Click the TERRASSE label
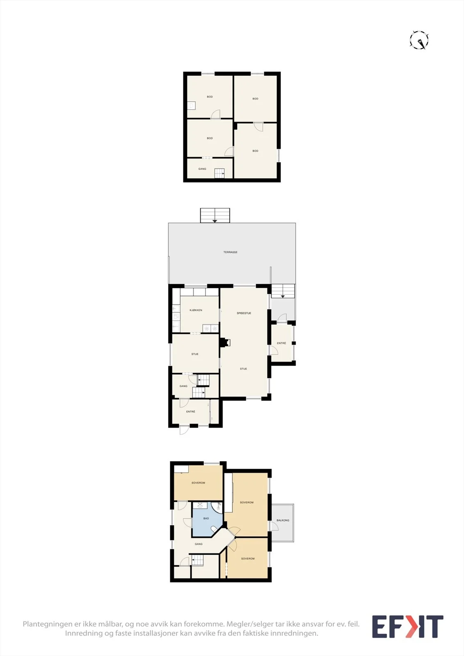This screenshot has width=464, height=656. tap(231, 252)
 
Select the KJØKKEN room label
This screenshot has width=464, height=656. tap(196, 310)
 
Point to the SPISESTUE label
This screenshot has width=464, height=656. tap(244, 313)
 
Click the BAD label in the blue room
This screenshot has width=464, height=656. tap(206, 518)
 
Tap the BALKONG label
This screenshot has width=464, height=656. tap(283, 520)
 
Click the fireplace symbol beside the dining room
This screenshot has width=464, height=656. tap(225, 342)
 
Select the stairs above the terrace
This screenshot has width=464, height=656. tap(215, 215)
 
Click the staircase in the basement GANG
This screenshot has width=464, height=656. tap(219, 173)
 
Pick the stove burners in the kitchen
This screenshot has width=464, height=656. tap(211, 328)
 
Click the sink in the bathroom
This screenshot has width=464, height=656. tap(200, 505)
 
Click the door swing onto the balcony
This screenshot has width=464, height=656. tap(274, 526)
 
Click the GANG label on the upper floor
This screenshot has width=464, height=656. tap(199, 544)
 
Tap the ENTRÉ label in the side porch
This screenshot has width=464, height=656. tap(281, 343)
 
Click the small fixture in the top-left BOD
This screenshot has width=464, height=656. tap(192, 105)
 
